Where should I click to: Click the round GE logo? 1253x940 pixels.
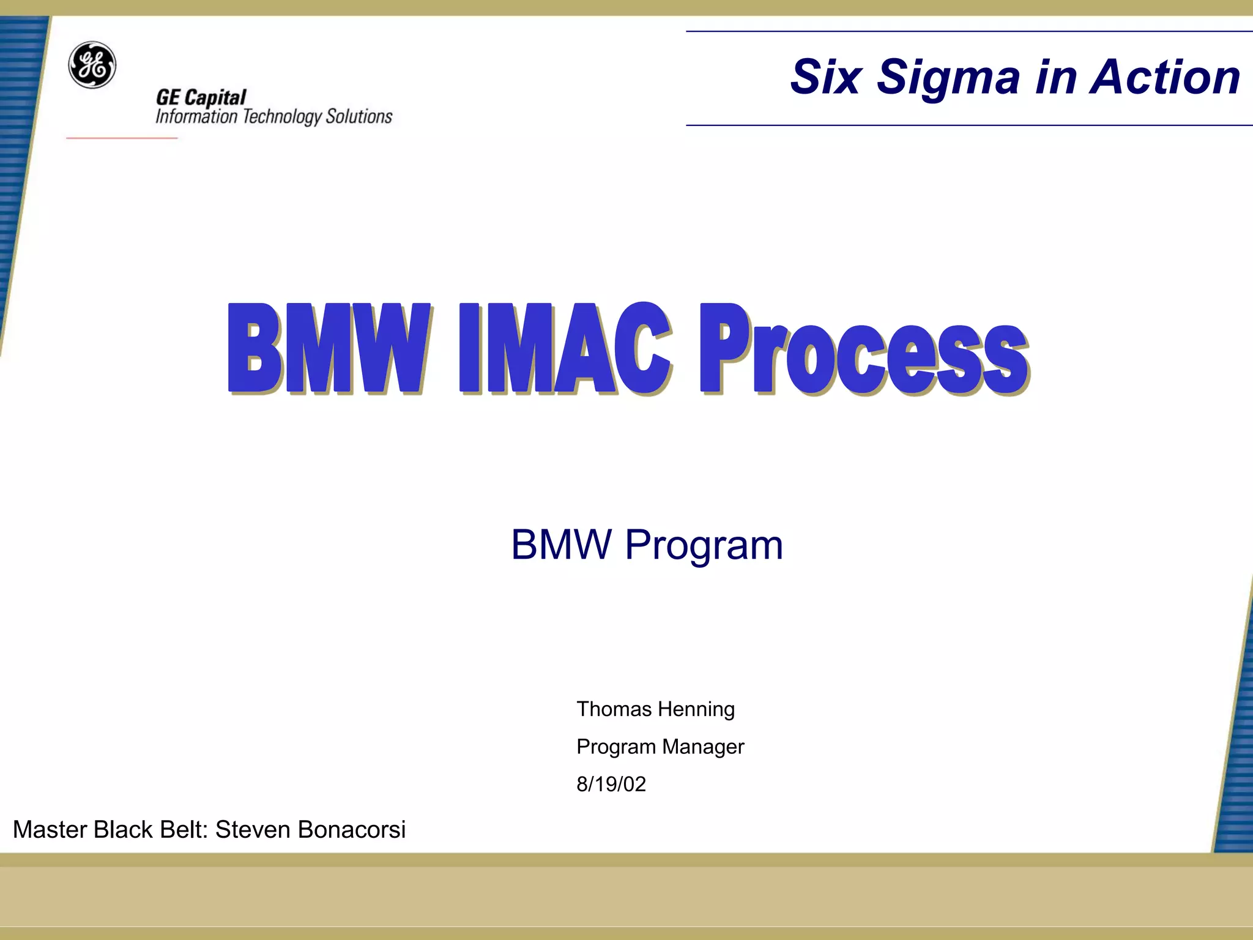pyautogui.click(x=92, y=65)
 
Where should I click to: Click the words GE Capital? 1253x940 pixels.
pyautogui.click(x=201, y=97)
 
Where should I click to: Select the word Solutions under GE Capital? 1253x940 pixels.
pyautogui.click(x=359, y=116)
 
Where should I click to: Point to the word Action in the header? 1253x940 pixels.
pyautogui.click(x=1166, y=77)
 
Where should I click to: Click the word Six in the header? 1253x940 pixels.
pyautogui.click(x=827, y=77)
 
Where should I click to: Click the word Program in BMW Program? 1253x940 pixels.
pyautogui.click(x=704, y=545)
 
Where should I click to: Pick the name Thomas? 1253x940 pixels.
pyautogui.click(x=614, y=709)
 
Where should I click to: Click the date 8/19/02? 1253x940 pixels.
pyautogui.click(x=611, y=784)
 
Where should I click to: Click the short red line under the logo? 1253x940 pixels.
pyautogui.click(x=121, y=138)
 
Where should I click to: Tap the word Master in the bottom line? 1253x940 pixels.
pyautogui.click(x=50, y=830)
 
